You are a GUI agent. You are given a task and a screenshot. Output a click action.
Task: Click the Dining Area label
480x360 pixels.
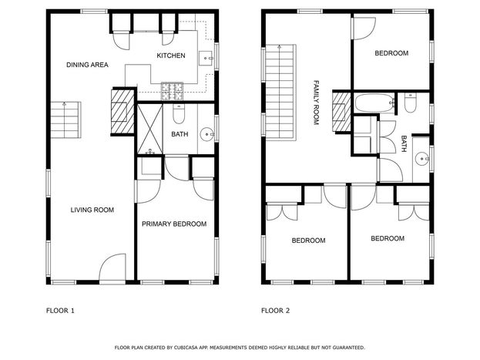click(x=87, y=65)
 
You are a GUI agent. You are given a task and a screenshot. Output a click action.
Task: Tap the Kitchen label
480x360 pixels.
click(x=171, y=56)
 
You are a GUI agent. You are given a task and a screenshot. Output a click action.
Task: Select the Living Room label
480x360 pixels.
click(x=92, y=210)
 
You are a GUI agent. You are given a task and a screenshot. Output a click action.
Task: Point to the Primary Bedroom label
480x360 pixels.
click(x=174, y=224)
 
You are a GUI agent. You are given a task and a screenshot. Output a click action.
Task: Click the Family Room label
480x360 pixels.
click(x=316, y=103)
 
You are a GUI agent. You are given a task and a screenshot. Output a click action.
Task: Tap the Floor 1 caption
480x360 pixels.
click(x=60, y=311)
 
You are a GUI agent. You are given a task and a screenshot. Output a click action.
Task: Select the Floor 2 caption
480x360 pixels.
click(x=275, y=311)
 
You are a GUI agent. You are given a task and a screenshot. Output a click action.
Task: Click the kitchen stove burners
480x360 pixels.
click(x=172, y=91)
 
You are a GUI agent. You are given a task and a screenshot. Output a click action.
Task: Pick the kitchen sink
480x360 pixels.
click(x=206, y=59)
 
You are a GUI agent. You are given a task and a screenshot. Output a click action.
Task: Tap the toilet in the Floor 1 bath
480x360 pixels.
click(x=179, y=113)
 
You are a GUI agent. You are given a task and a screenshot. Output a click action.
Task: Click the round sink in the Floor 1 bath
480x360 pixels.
click(x=207, y=134)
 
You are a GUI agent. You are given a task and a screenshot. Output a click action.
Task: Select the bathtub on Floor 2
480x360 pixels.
click(x=374, y=103)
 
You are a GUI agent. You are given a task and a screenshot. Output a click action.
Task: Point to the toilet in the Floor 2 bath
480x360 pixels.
click(x=410, y=103)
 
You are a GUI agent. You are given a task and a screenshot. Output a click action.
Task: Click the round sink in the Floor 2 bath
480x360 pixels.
click(x=422, y=159)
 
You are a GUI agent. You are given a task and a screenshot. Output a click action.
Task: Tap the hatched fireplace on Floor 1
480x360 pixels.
click(x=123, y=112)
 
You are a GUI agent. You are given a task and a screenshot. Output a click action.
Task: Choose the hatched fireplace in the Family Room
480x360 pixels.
click(x=341, y=112)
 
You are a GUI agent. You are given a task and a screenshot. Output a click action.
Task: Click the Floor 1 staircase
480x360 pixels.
click(x=65, y=119)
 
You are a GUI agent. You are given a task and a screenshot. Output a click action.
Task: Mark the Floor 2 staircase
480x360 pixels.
click(x=280, y=93)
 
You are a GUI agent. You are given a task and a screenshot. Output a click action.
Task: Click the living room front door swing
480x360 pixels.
click(x=112, y=267)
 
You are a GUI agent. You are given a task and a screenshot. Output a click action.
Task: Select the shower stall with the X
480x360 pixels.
click(x=149, y=129)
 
